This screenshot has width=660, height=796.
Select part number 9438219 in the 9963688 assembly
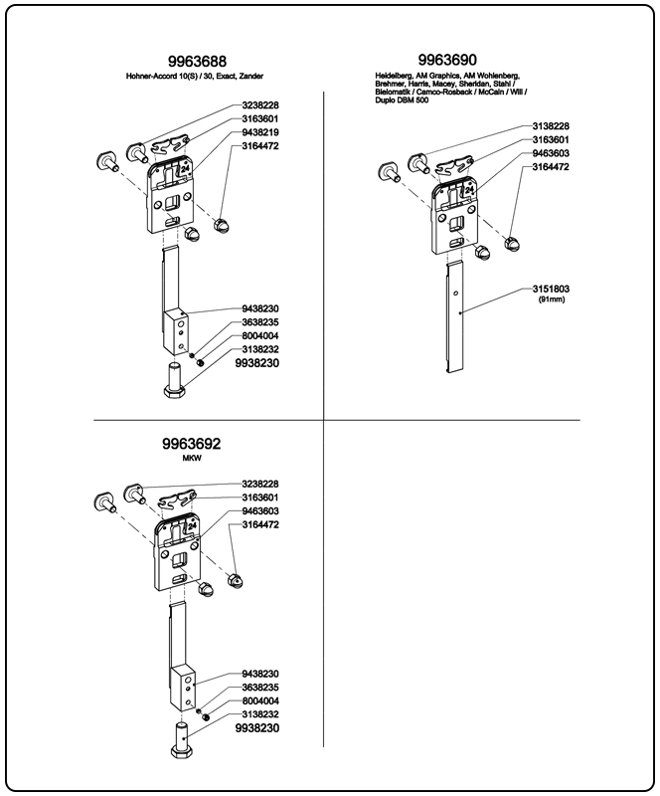tap(259, 131)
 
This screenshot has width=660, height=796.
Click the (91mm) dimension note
tap(550, 299)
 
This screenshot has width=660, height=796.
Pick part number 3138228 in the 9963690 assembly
tap(550, 126)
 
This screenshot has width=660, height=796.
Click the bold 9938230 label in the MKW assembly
tap(256, 728)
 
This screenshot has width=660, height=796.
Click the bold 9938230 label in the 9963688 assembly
tap(256, 364)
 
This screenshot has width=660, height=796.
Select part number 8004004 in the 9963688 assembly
tap(259, 336)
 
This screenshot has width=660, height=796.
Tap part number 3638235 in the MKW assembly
tap(259, 688)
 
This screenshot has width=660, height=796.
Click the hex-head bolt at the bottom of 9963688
tap(173, 381)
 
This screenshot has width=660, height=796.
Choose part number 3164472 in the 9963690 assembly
tap(550, 168)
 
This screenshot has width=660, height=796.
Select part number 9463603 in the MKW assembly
tap(259, 510)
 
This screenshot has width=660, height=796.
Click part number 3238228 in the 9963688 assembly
tap(259, 104)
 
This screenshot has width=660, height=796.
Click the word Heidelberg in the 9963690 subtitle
tap(396, 76)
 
